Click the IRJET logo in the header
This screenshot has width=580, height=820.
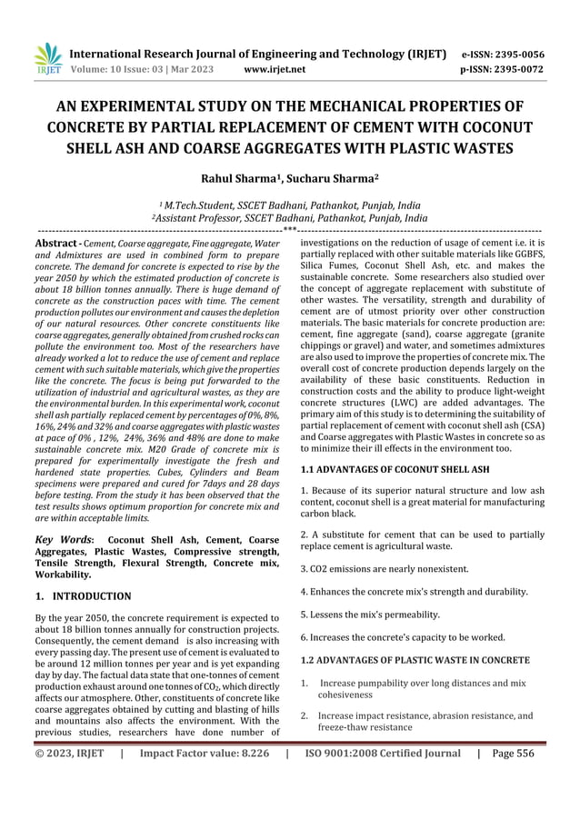(45, 57)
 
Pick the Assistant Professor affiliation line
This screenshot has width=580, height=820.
(290, 219)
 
